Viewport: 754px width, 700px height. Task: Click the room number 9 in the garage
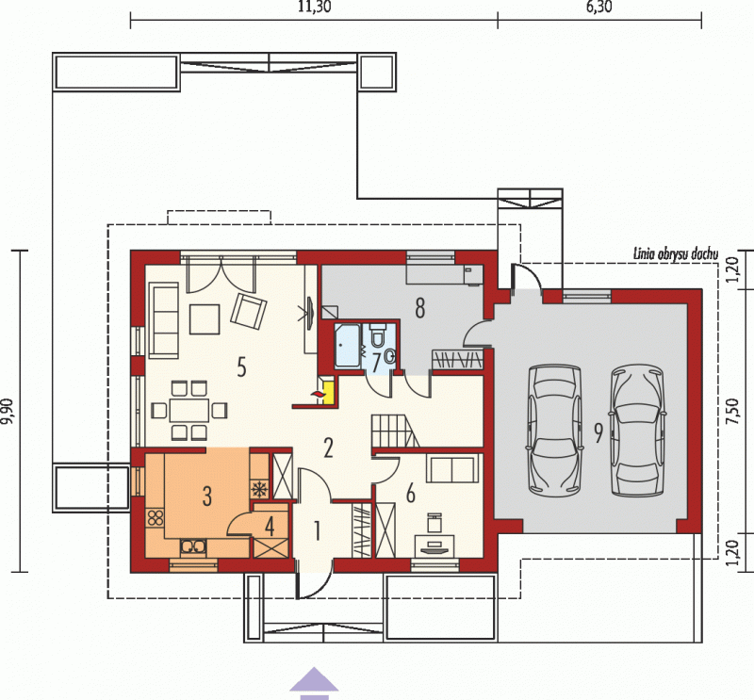[598, 432]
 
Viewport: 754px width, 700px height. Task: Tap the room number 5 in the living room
[241, 367]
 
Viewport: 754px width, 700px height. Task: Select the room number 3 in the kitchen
[206, 497]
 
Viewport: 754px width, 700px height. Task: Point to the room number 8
[419, 308]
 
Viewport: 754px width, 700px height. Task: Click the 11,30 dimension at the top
[315, 8]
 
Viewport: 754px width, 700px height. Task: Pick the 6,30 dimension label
[598, 8]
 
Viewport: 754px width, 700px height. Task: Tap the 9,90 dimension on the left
[8, 412]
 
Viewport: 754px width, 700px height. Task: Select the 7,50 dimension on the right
[732, 411]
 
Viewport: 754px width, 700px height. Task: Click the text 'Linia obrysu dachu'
[676, 253]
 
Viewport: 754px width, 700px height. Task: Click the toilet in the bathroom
[378, 334]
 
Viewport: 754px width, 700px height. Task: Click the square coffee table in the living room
[205, 319]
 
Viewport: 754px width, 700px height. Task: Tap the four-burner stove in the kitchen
[156, 517]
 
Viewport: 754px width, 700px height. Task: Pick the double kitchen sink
[194, 546]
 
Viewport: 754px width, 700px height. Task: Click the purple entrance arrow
[314, 683]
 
